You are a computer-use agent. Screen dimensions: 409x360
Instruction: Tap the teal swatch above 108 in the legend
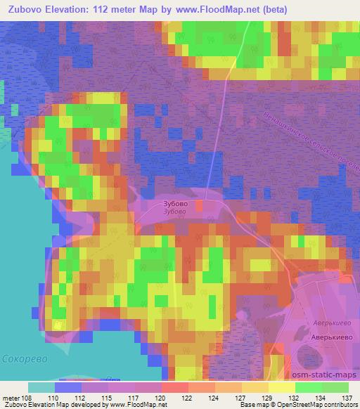point(41,387)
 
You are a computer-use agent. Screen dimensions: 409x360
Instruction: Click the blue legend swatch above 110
point(68,387)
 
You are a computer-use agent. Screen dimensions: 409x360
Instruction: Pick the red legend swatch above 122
point(175,387)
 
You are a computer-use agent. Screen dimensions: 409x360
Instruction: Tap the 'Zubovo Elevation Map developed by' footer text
point(55,405)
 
